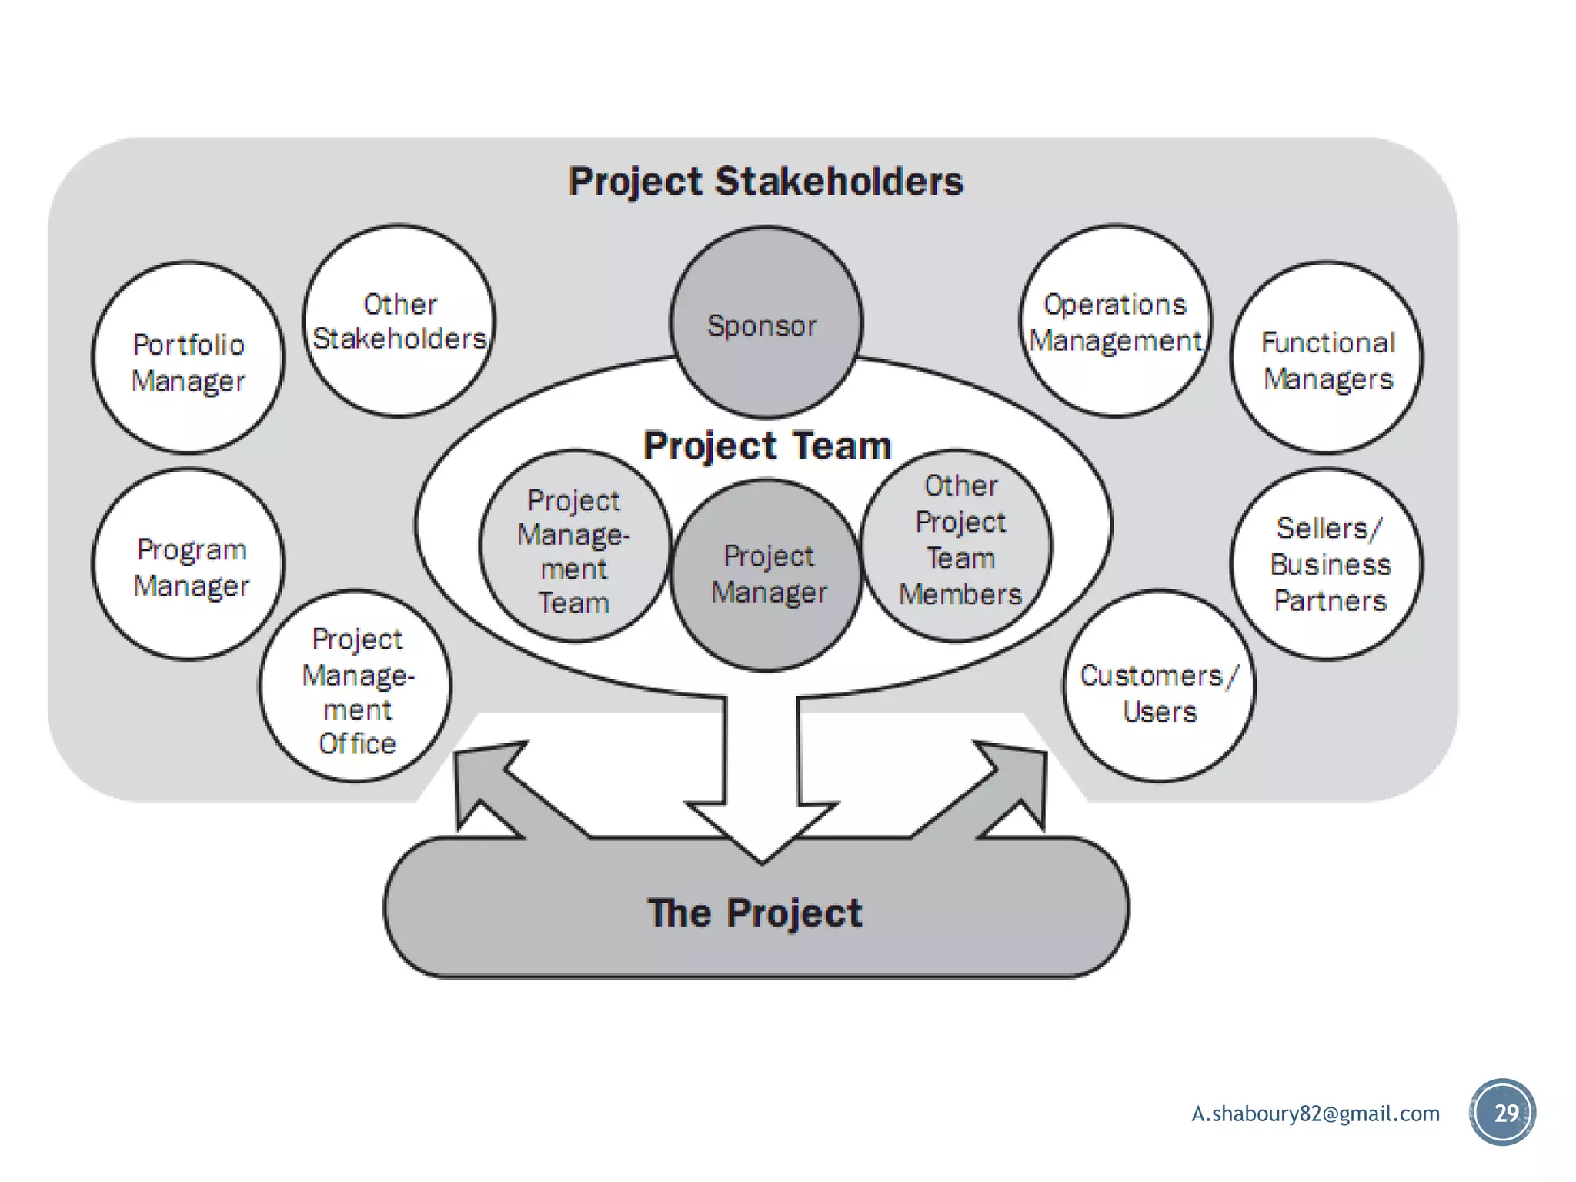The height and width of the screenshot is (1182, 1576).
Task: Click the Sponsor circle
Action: (766, 323)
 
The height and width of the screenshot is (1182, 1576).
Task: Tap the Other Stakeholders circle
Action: (399, 322)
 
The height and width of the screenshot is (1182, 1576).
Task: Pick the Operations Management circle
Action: (1116, 322)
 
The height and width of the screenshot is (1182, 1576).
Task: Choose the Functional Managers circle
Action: (1327, 359)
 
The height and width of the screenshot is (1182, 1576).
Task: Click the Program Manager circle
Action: (189, 566)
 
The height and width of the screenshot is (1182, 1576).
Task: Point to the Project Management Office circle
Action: (356, 687)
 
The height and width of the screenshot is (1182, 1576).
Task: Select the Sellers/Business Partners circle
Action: (1327, 564)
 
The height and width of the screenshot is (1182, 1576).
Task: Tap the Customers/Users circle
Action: (1160, 687)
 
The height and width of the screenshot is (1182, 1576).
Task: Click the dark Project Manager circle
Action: (766, 576)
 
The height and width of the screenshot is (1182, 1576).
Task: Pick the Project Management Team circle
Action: (574, 546)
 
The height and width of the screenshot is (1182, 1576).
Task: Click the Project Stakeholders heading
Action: (766, 182)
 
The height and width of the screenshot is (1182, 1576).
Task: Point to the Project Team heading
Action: (766, 446)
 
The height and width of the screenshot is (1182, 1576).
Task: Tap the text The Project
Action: (755, 913)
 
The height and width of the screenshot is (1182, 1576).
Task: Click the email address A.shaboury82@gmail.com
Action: (1315, 1114)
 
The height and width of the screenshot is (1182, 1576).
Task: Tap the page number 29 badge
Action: (1503, 1113)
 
